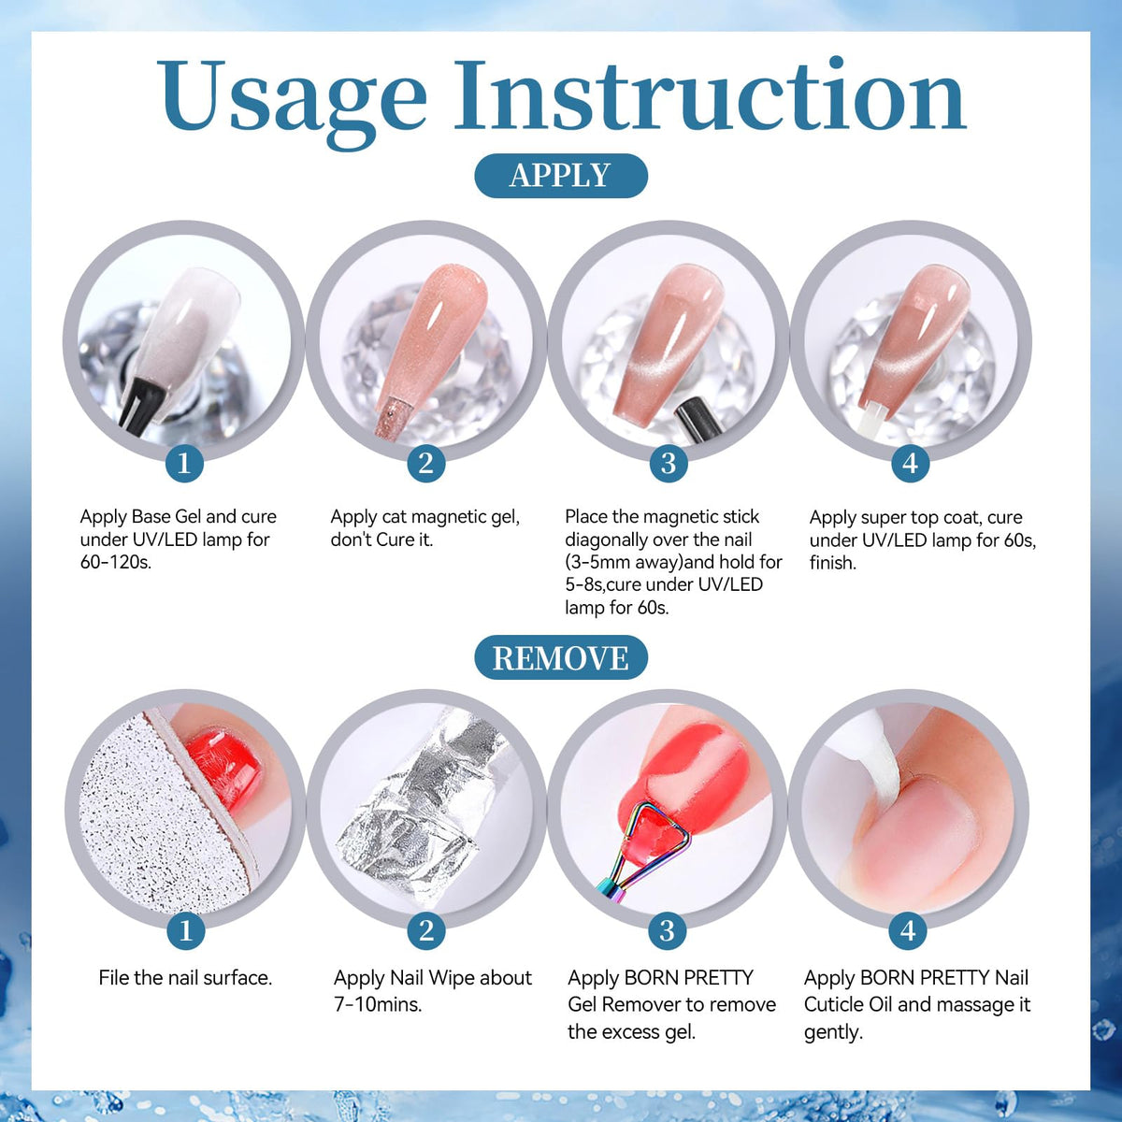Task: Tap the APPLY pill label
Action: (x=561, y=175)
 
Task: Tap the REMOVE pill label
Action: (x=561, y=658)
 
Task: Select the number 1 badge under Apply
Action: (x=184, y=464)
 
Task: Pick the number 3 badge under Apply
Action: (x=669, y=464)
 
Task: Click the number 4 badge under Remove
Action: (x=908, y=929)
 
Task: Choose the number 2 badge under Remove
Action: (x=426, y=929)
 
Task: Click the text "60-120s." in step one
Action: (x=116, y=563)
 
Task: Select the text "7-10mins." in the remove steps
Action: (x=378, y=1004)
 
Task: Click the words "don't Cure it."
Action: (x=381, y=539)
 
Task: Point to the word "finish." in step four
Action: (x=833, y=563)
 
